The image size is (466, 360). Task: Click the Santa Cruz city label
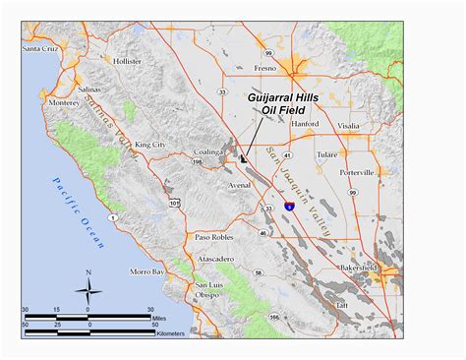43,47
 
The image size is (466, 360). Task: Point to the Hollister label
128,61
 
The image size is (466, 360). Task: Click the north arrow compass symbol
88,289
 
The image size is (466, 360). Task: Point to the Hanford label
306,125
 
